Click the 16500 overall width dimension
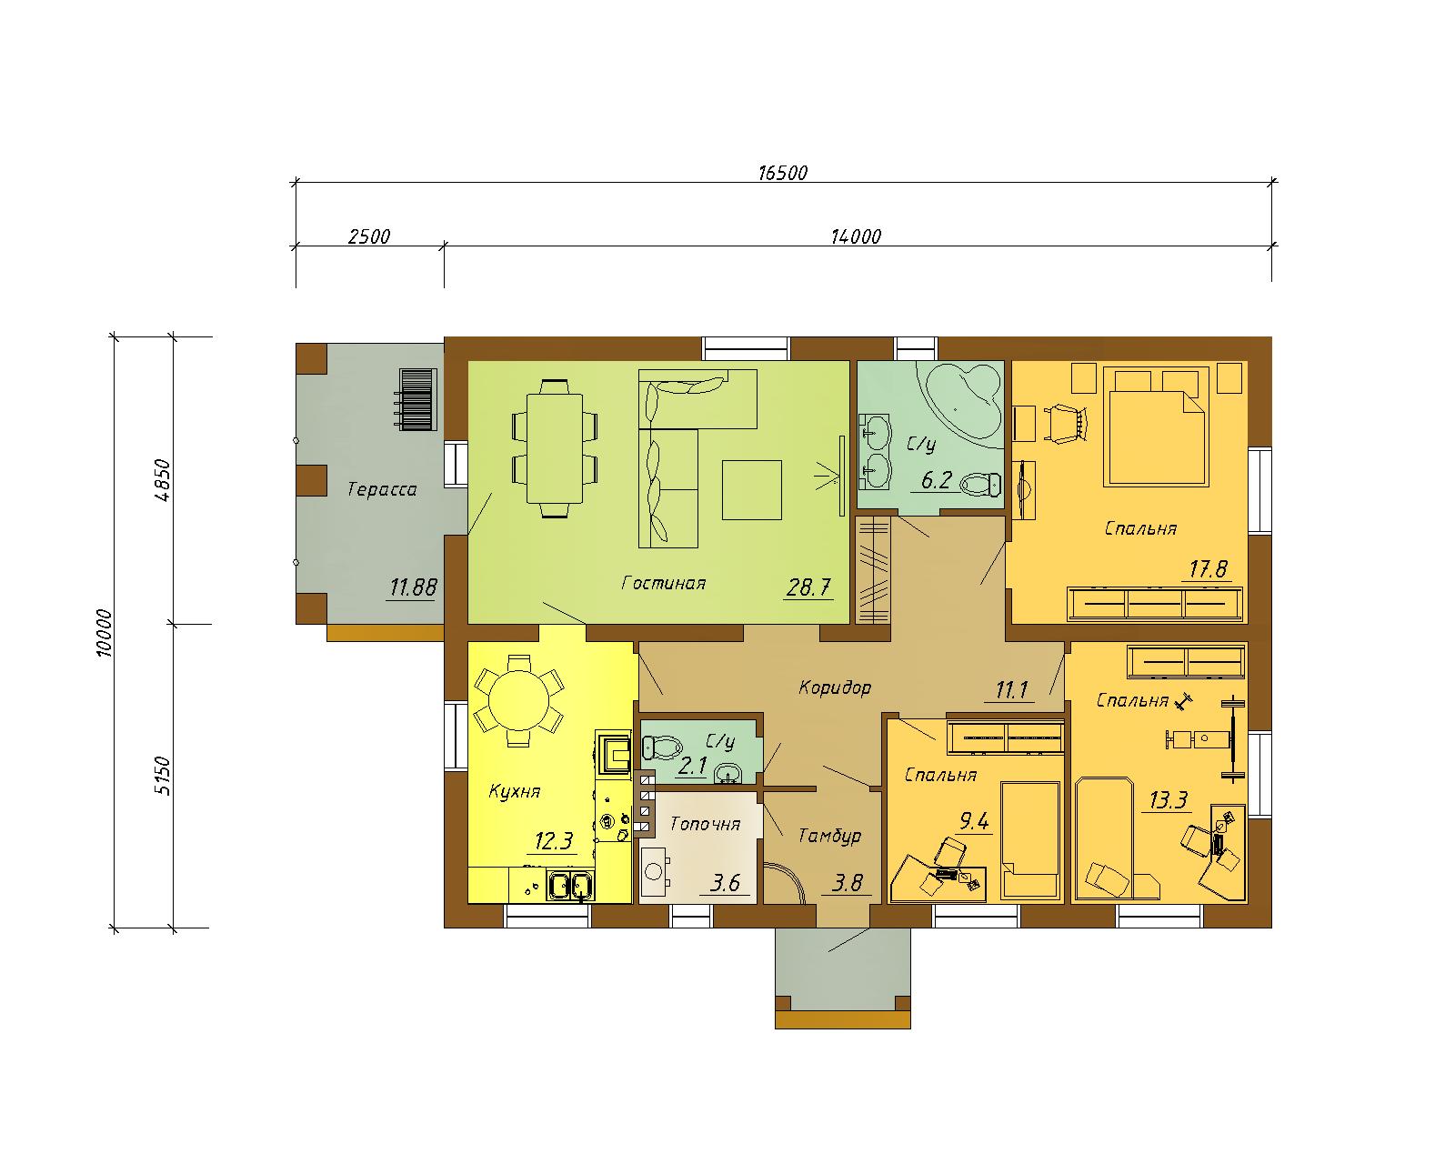click(782, 173)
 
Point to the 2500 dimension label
click(369, 236)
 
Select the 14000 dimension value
click(856, 236)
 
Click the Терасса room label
click(382, 489)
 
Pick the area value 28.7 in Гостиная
click(808, 587)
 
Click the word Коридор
click(835, 687)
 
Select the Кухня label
click(515, 791)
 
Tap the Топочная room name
click(705, 824)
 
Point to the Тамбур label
click(829, 836)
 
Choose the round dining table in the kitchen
click(518, 700)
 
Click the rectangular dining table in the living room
click(555, 448)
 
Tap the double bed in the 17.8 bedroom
click(1156, 426)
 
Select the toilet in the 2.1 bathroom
click(662, 748)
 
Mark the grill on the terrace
click(417, 400)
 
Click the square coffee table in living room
click(752, 490)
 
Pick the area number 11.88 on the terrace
click(413, 587)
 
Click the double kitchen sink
click(570, 886)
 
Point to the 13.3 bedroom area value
click(1169, 801)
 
